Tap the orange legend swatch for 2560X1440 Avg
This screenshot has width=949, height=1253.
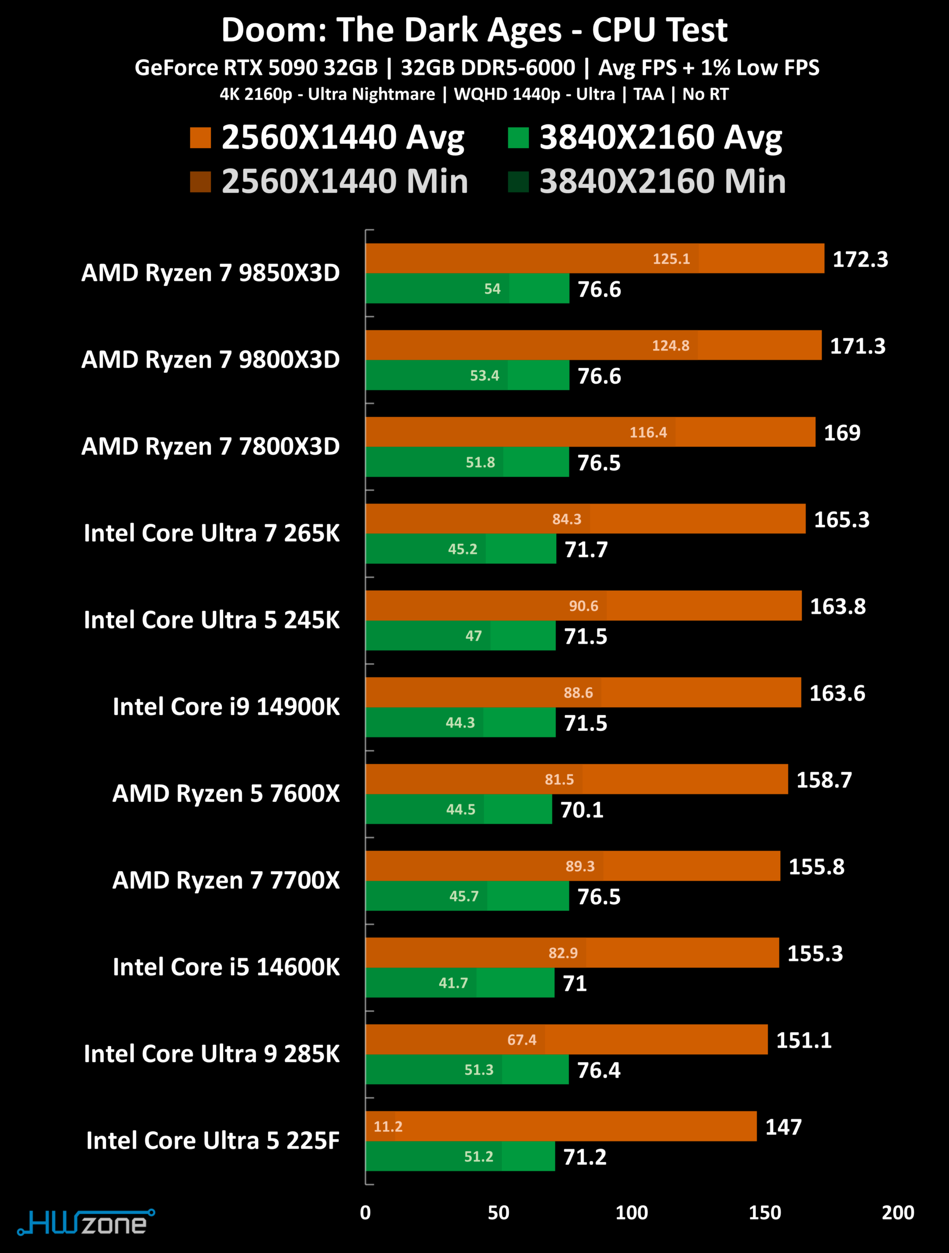201,138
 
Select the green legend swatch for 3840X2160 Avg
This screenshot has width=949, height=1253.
518,138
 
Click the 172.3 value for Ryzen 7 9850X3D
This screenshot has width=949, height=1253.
859,259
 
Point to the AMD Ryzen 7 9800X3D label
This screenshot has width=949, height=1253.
211,360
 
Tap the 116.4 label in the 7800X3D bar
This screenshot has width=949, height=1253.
648,433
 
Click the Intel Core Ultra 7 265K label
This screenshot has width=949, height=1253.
212,534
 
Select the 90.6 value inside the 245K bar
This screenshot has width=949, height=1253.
583,606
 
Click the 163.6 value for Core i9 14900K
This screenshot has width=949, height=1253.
837,694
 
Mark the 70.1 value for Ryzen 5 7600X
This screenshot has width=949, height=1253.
582,810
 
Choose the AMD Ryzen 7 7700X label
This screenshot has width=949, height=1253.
226,880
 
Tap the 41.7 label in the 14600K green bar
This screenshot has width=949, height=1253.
453,983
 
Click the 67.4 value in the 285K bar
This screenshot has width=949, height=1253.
521,1040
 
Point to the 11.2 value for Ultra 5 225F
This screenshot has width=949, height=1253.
388,1127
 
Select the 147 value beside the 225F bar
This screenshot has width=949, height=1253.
783,1127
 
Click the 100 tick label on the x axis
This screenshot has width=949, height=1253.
632,1213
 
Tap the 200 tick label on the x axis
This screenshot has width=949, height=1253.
898,1213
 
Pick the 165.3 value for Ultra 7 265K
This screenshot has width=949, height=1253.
841,520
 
